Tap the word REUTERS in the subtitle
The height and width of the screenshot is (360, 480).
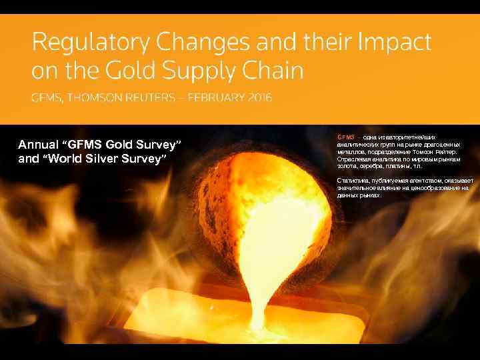153,98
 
